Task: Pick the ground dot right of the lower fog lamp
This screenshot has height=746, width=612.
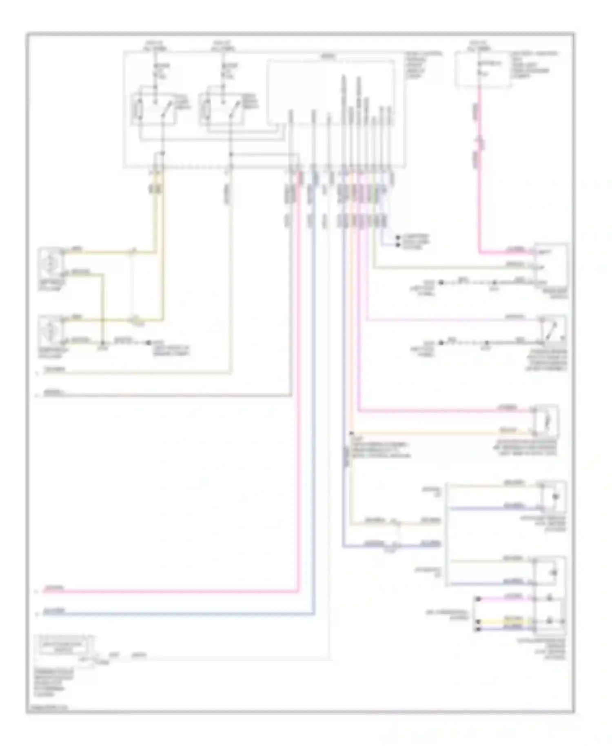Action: (149, 343)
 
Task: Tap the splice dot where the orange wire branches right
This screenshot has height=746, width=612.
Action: (351, 433)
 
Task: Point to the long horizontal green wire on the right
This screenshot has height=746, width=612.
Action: (449, 268)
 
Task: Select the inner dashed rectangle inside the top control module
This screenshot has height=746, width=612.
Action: (330, 92)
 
